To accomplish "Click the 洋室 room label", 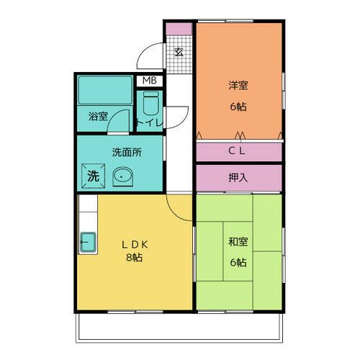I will (238, 86).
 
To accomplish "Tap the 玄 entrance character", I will (179, 52).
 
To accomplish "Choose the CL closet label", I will (238, 151).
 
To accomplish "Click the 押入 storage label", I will (238, 176).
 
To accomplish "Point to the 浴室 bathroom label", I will (99, 115).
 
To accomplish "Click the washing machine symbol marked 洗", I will (93, 174).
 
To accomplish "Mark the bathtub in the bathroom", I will (105, 91).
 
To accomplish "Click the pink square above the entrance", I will (179, 29).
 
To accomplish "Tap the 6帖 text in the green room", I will (238, 263).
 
